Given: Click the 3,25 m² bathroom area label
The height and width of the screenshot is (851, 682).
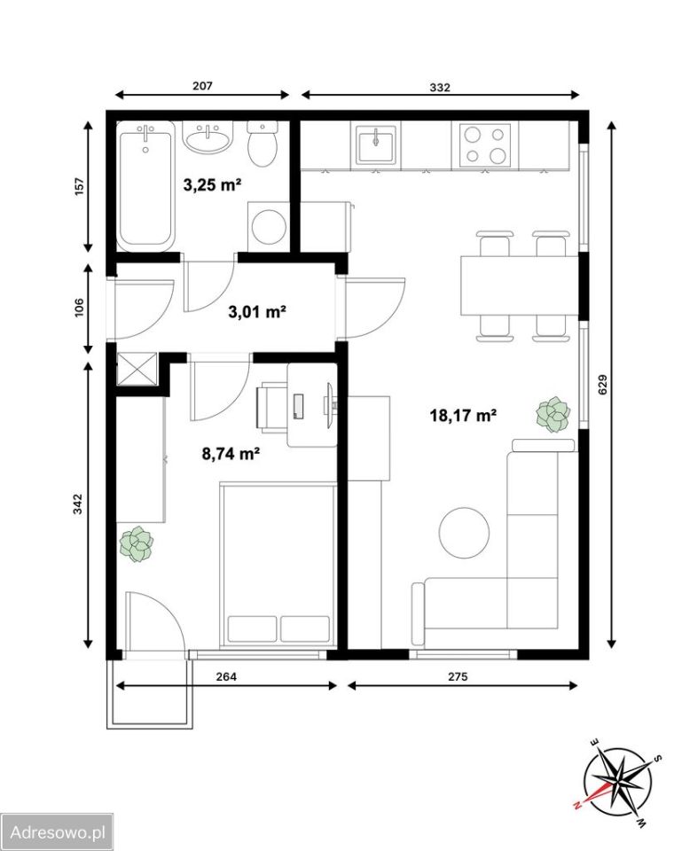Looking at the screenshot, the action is point(212,185).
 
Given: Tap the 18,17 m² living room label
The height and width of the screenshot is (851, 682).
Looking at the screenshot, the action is point(463,416).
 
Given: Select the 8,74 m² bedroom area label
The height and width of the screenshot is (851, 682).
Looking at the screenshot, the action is point(231,453).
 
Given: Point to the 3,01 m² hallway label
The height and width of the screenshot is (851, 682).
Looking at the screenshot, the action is point(257,312).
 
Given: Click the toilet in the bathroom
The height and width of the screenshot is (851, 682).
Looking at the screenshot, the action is point(263,144).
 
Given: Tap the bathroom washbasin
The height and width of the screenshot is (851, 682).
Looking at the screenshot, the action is point(208,137).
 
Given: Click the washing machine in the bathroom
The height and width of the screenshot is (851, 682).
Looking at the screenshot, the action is point(268,227).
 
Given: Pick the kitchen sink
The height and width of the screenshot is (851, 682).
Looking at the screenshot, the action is point(376,144).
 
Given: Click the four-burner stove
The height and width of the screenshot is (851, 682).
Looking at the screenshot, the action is point(485,145).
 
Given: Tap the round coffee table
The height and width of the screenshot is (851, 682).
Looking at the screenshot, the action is point(464,533).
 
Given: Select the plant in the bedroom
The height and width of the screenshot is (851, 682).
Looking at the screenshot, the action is point(137,543).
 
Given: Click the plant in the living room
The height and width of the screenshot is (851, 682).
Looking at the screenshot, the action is point(553,415).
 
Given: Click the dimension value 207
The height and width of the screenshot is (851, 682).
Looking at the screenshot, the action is point(202,86).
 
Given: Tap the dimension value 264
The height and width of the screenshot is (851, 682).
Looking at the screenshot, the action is point(226,676).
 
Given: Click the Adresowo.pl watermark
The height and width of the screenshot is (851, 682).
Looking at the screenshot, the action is point(58,832).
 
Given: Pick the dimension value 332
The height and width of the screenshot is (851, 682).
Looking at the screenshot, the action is point(440,87).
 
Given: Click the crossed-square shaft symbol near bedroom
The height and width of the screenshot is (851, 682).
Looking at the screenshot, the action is point(137,369).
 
